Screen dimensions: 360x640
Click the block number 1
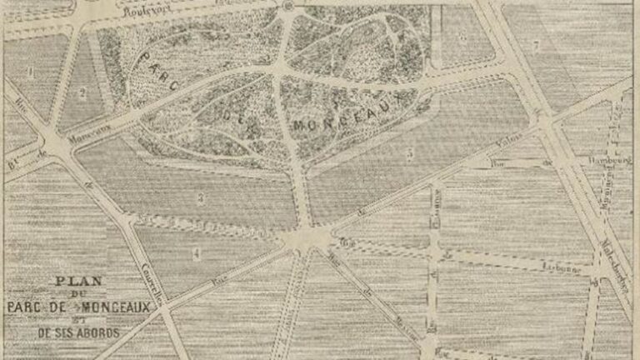(x=32, y=72)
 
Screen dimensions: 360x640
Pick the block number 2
(x=82, y=93)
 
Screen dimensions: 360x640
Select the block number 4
(x=197, y=254)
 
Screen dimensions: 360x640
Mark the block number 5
(x=410, y=153)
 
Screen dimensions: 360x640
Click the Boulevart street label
(x=142, y=12)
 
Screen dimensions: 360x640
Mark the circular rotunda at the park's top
(x=287, y=6)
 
